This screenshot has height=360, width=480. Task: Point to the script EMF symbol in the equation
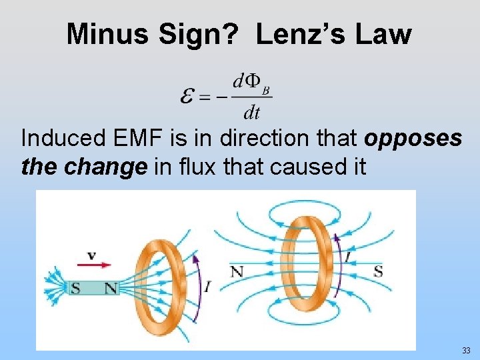point(189,97)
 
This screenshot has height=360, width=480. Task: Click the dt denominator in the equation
point(251,113)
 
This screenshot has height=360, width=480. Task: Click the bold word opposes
point(413,139)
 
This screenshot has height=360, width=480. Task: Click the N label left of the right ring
point(237,271)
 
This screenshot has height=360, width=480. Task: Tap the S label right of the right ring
point(378,271)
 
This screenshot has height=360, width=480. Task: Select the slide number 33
point(465,351)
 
